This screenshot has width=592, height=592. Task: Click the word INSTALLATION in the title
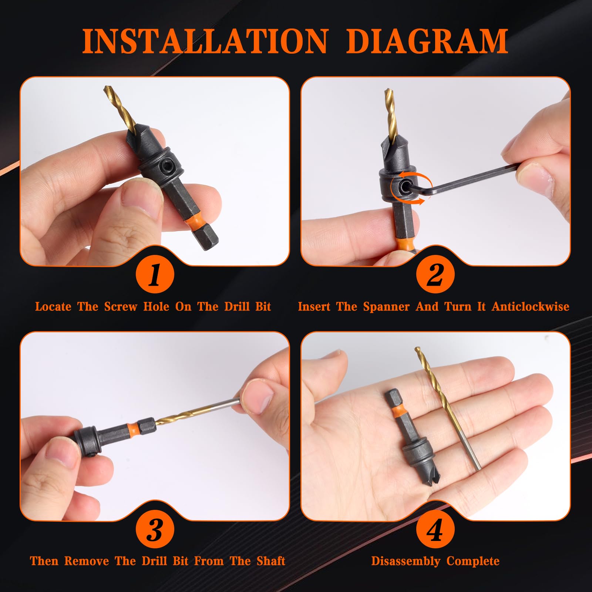(205, 41)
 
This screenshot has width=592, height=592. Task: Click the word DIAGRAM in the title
(427, 41)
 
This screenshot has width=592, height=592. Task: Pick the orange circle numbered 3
(155, 530)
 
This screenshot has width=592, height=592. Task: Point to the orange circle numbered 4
(435, 530)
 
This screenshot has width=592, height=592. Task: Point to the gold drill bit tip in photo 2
(387, 91)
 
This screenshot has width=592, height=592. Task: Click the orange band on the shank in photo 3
(133, 428)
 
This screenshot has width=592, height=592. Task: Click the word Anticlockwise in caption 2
(530, 307)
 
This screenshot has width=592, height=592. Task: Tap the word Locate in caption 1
(53, 307)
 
